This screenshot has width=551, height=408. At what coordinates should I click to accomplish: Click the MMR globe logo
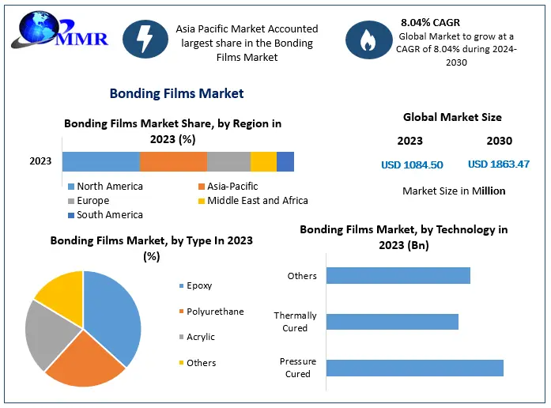tap(60, 31)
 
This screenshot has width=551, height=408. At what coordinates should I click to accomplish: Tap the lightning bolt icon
tap(145, 39)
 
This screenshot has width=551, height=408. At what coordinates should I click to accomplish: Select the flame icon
tap(368, 40)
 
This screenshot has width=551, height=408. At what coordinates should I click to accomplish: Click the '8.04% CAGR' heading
tap(430, 22)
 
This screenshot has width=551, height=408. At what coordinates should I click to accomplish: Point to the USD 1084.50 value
tap(412, 164)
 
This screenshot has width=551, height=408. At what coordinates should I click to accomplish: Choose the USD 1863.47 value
tap(499, 164)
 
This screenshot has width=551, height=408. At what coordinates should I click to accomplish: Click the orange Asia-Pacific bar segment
tap(173, 161)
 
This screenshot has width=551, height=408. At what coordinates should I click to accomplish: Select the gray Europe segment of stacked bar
tap(228, 161)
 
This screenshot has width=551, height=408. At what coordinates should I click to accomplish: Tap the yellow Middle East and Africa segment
tap(263, 161)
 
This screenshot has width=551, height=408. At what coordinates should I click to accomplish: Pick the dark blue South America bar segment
tap(285, 161)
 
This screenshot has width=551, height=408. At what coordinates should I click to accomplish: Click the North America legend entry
tap(105, 187)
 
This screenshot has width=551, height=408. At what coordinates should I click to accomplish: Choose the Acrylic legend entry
tap(197, 337)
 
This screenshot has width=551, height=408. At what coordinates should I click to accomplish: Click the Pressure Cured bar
tap(415, 368)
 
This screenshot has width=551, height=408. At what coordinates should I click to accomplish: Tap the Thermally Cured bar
tap(392, 322)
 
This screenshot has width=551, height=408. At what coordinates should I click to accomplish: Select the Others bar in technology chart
tap(398, 275)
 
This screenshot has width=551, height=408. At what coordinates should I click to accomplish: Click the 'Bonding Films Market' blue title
tap(177, 93)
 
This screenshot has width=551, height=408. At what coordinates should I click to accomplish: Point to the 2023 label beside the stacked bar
tap(40, 161)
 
